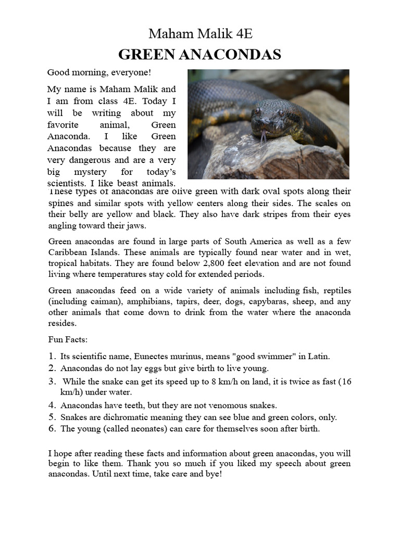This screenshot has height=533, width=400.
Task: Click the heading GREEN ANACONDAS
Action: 200,55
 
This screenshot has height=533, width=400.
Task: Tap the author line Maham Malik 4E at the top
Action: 200,34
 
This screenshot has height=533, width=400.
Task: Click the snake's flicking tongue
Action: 264,136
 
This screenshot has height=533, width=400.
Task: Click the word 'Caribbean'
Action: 70,252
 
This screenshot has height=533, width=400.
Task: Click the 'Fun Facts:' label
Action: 68,340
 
